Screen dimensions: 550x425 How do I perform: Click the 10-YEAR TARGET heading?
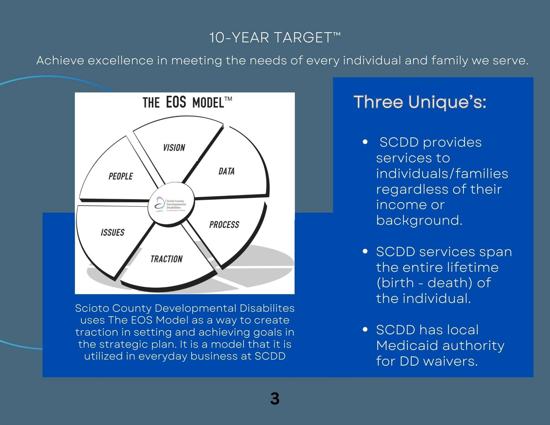275,38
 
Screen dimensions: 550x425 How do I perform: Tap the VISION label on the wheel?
174,148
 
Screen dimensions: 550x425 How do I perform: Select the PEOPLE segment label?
121,176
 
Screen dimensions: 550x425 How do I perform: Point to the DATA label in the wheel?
226,171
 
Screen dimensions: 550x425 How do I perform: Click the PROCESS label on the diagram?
224,225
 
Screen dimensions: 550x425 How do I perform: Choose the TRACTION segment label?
166,259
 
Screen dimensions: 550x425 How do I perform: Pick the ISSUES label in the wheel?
113,232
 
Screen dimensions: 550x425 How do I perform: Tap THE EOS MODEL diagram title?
187,102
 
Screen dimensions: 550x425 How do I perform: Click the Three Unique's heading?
420,102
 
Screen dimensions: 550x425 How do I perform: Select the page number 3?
275,399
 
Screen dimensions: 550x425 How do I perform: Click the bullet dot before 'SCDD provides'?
365,142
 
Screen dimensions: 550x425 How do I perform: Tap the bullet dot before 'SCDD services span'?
365,251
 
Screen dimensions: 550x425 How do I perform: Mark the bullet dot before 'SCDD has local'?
365,330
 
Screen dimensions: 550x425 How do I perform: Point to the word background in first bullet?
419,220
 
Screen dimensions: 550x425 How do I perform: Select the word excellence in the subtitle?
120,60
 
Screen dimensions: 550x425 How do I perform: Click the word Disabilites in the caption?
267,308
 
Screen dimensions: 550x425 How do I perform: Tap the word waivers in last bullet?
451,361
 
